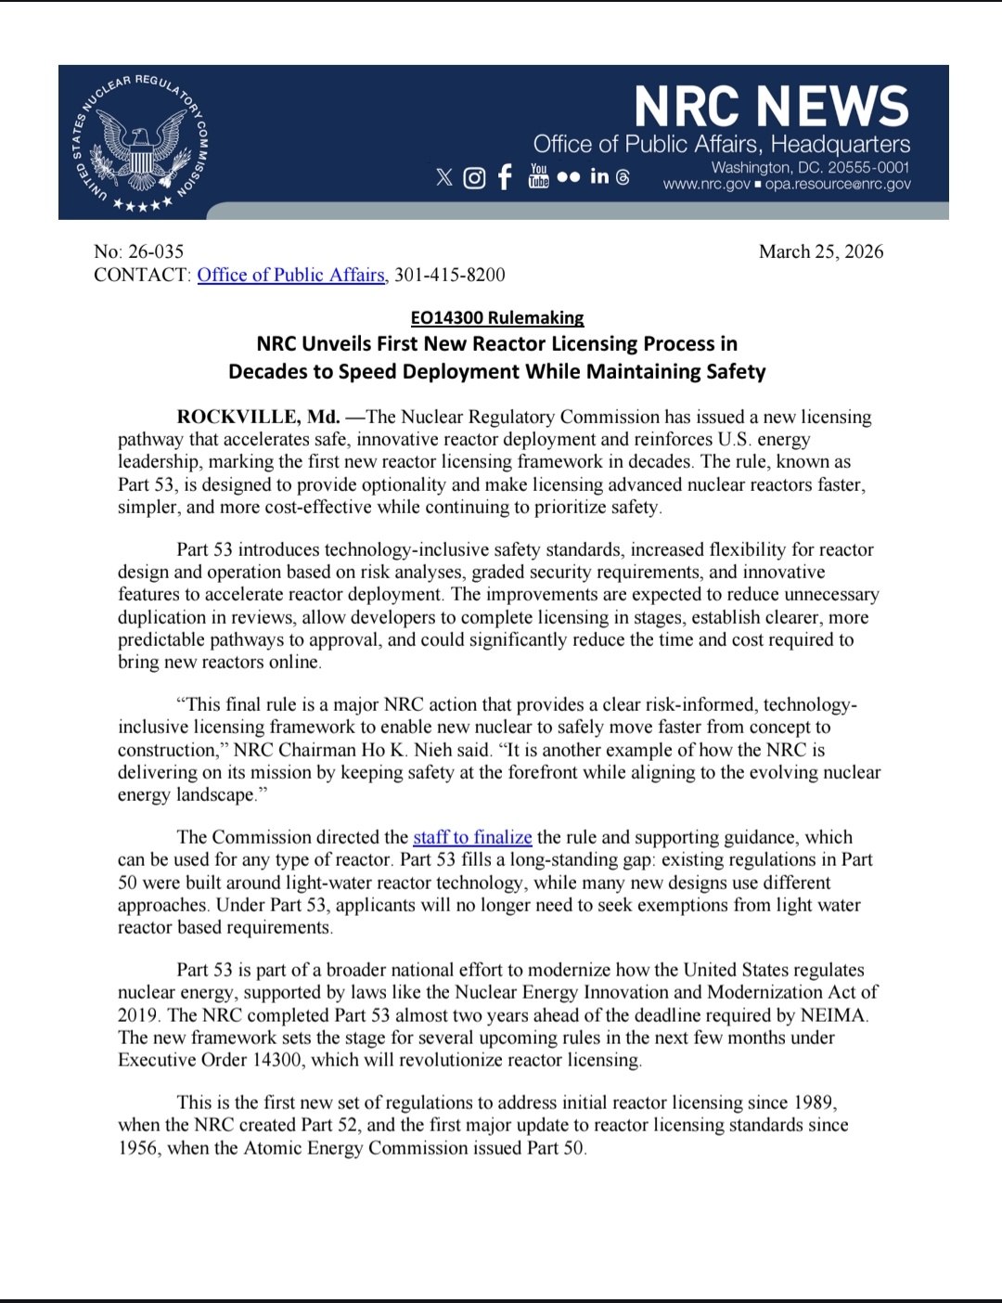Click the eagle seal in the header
pos(140,142)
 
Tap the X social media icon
pos(444,176)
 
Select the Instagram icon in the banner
pos(474,177)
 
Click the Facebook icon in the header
pos(504,176)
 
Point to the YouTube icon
pos(538,175)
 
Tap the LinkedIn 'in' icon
pos(599,176)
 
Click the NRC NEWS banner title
pos(772,106)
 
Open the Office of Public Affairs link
pos(290,275)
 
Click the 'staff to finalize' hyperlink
pos(472,837)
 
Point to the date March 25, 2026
pos(820,252)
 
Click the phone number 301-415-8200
pos(450,275)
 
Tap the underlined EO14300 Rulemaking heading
pos(497,317)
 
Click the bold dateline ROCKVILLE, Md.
pos(258,417)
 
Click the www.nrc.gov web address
pos(706,184)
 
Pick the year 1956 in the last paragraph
pos(138,1148)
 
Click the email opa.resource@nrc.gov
pos(838,184)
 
